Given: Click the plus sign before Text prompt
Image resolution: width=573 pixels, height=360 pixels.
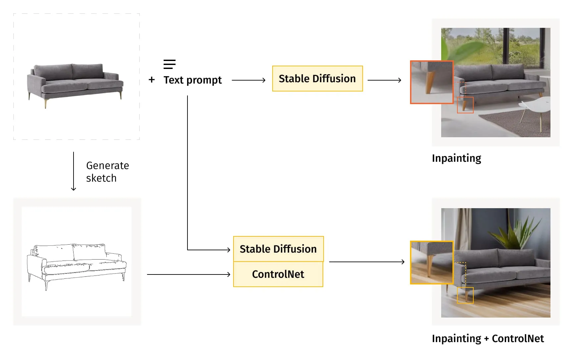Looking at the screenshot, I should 152,80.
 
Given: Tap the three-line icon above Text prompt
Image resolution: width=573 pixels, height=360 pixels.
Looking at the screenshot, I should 169,64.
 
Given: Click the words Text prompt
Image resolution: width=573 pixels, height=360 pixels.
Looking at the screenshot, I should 192,80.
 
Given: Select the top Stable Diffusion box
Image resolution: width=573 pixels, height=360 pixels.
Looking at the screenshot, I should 317,79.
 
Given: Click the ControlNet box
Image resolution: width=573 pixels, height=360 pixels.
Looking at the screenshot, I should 278,274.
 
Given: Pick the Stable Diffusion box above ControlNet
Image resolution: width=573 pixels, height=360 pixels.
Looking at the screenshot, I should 278,249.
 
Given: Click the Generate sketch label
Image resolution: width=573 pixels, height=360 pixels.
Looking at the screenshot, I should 107,172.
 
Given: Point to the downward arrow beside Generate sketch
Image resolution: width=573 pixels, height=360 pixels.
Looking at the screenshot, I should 74,171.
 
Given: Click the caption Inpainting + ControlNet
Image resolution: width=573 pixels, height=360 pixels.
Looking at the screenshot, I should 488,338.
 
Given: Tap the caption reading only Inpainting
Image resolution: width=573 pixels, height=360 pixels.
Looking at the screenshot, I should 456,158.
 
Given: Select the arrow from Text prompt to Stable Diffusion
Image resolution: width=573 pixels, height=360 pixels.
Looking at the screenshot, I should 248,80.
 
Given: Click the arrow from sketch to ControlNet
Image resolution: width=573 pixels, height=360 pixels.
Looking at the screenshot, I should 188,274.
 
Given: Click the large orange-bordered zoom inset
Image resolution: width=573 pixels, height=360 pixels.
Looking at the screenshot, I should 432,82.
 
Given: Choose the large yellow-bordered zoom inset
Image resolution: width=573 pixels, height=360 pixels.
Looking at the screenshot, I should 432,263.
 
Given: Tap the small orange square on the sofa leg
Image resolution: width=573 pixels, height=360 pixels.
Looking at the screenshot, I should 465,105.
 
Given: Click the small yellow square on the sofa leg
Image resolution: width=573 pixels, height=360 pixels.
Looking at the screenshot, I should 465,295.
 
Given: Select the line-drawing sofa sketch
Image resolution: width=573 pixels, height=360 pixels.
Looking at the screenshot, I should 77,265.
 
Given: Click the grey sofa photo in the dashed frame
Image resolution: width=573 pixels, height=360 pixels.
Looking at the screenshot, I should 76,83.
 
